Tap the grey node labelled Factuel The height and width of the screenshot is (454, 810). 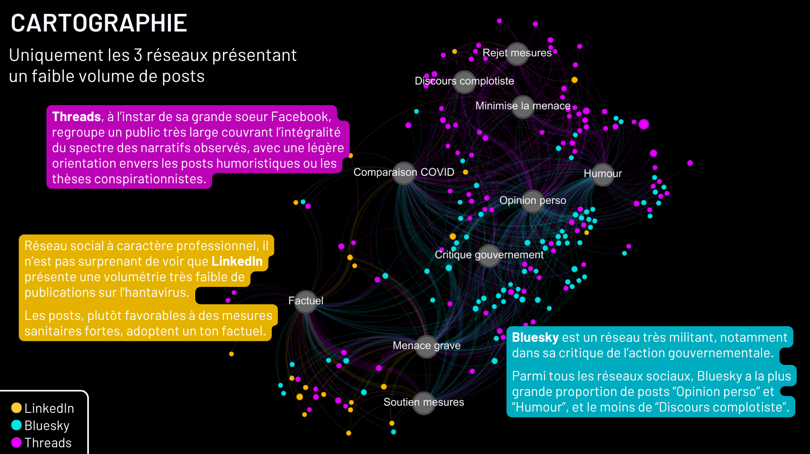click(x=306, y=301)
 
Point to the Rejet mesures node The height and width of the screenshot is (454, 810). click(x=517, y=54)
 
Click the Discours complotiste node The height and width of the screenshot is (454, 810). click(x=465, y=82)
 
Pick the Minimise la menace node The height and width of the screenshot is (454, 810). click(x=523, y=106)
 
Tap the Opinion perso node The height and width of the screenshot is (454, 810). click(x=533, y=201)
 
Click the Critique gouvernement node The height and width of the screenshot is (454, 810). click(x=489, y=256)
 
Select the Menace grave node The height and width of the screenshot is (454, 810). click(x=427, y=346)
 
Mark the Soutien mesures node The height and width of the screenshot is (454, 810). click(x=424, y=403)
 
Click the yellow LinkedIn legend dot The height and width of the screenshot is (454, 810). click(x=16, y=408)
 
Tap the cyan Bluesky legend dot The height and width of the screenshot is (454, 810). click(x=16, y=425)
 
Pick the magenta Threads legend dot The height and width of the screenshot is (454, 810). click(x=16, y=442)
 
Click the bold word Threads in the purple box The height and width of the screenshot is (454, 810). click(x=77, y=116)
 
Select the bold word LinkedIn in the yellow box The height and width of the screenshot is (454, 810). click(x=237, y=261)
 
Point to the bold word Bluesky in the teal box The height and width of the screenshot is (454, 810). click(x=535, y=337)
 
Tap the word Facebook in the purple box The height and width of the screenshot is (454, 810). click(x=301, y=116)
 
